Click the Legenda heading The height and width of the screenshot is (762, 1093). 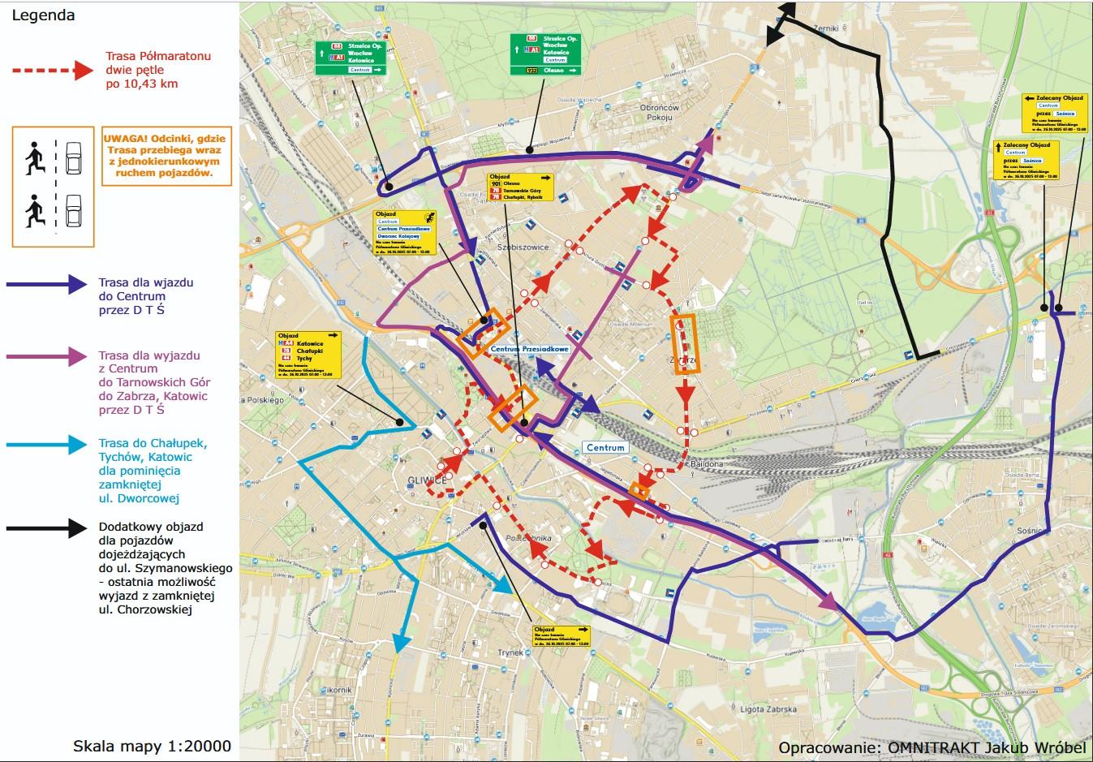[43, 15]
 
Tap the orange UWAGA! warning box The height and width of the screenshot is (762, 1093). [164, 156]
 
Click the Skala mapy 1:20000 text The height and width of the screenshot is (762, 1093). [152, 746]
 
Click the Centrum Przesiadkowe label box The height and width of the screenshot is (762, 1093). [530, 349]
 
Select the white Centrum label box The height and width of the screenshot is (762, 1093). [605, 447]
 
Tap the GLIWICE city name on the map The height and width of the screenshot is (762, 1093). [429, 480]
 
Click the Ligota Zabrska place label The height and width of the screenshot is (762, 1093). [768, 709]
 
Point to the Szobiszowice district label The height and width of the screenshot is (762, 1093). [523, 247]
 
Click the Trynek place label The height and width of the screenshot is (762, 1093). [510, 652]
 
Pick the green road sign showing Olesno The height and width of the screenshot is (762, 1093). [545, 54]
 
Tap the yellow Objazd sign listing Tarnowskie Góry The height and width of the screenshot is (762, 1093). [519, 187]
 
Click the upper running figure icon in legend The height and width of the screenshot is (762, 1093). [33, 157]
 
